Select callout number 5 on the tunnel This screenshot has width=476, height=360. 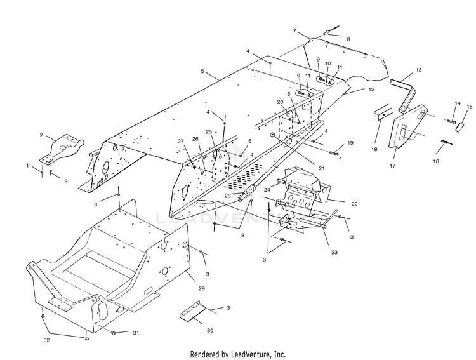click(x=202, y=72)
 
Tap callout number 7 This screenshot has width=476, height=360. click(x=294, y=31)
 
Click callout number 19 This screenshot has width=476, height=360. click(x=350, y=143)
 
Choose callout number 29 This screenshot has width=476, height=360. click(x=202, y=289)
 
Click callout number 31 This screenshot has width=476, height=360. click(x=135, y=332)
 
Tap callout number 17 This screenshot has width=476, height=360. click(x=392, y=166)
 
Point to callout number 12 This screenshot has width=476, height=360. click(x=371, y=90)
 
